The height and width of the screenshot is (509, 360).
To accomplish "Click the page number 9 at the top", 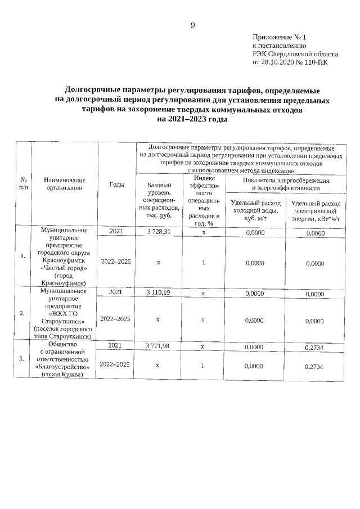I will pos(192,25).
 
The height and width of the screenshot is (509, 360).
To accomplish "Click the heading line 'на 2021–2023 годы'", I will pos(192,120).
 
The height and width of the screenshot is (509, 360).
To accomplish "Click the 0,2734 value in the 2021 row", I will pos(314,347).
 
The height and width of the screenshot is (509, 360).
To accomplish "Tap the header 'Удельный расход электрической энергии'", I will pos(314,211).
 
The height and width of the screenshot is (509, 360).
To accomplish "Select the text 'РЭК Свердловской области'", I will pos(295,53).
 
